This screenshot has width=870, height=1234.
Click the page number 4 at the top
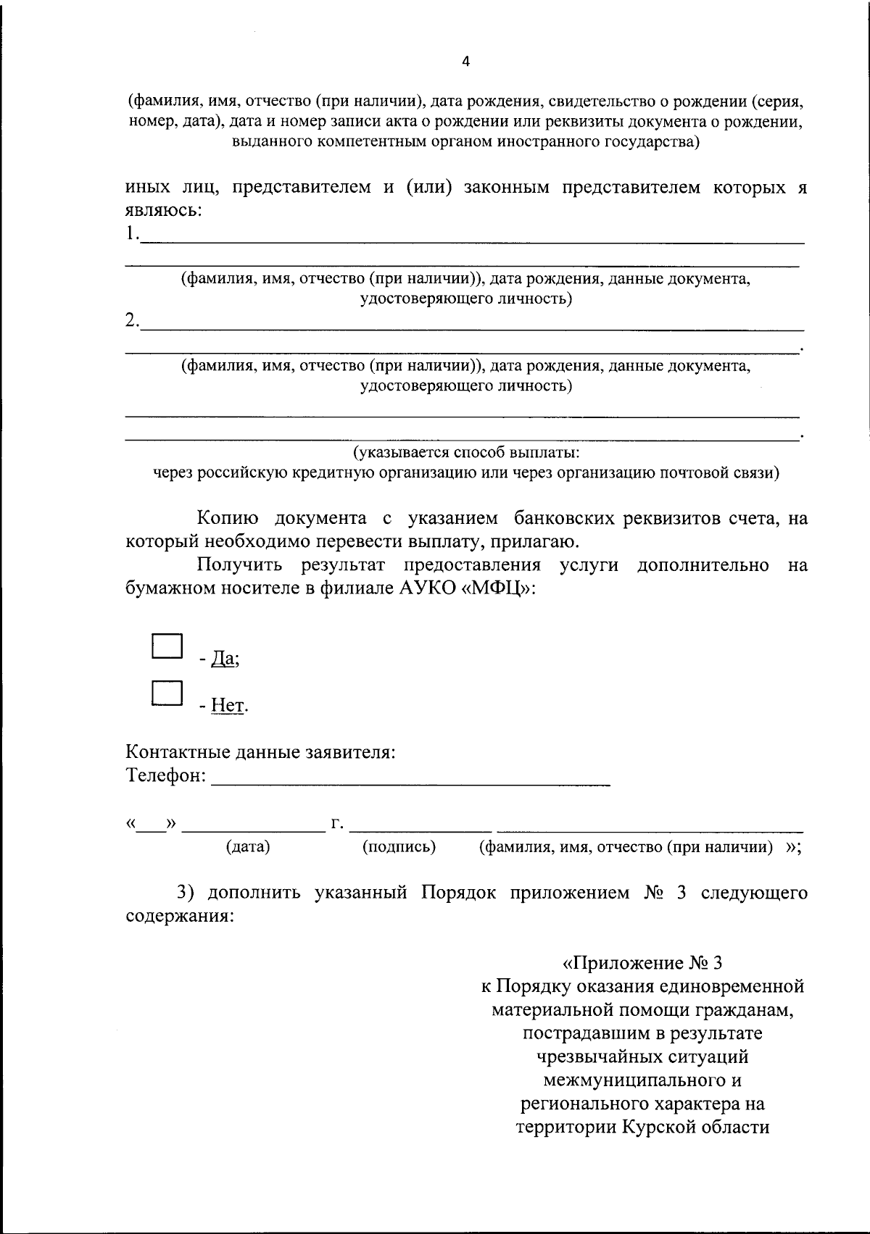[x=465, y=62]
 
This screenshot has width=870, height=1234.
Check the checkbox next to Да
[x=166, y=646]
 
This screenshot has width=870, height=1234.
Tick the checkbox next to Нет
[x=166, y=693]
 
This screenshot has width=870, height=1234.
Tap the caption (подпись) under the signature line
[x=399, y=846]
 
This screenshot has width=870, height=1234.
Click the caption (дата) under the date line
[x=248, y=846]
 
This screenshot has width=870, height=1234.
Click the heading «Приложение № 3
[x=642, y=963]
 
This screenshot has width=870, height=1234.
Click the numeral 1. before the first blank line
[x=131, y=234]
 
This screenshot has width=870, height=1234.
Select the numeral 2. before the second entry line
[x=132, y=320]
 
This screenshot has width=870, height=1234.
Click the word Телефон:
[x=167, y=775]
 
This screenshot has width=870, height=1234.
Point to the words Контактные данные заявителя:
[x=261, y=751]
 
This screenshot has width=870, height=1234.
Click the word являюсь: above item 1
[x=163, y=211]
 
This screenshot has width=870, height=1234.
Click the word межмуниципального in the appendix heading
[x=642, y=1080]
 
